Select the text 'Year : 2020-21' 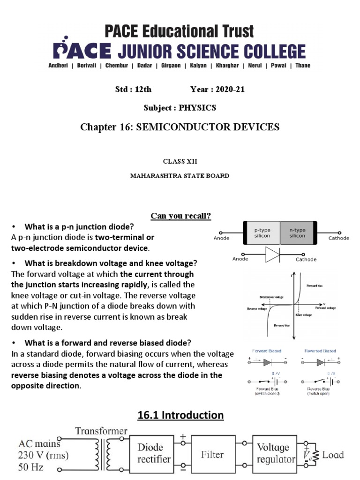tap(217, 90)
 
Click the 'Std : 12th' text tap(133, 90)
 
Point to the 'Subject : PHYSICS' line tap(180, 108)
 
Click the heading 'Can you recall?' tap(180, 216)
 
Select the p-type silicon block tap(262, 233)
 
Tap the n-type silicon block tap(297, 233)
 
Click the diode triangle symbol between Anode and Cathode tap(272, 255)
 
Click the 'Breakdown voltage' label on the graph tap(272, 297)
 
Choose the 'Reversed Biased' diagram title tap(320, 351)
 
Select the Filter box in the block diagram tap(213, 454)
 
